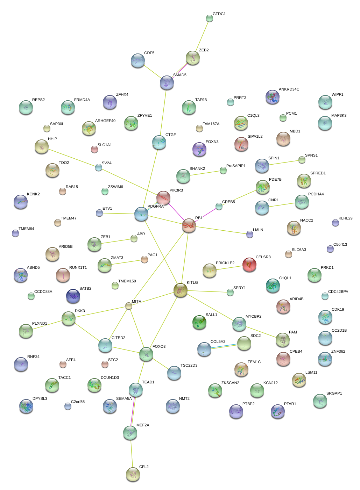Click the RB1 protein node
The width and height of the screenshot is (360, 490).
coord(189,226)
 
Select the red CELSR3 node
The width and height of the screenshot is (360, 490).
coord(249,265)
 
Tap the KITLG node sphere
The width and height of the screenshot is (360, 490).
coord(181,290)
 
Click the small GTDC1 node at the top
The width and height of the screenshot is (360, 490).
coord(210,18)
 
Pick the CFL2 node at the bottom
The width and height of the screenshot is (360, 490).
coord(133,474)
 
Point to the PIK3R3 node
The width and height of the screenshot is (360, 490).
coord(163,198)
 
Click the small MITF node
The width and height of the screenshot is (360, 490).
coord(129,306)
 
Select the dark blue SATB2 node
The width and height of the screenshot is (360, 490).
coord(73,296)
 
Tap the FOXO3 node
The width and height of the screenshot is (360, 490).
coord(146,354)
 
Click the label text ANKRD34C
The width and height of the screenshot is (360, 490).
coord(289,89)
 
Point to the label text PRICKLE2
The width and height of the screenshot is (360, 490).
coord(225,263)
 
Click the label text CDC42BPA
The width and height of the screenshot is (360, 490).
coord(338,292)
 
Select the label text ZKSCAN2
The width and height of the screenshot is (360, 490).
coord(230,383)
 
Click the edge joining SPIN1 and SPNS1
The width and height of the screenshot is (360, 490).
coord(282,163)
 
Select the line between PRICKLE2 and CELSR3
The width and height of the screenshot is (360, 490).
coord(230,268)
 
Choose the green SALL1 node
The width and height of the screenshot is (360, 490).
coord(199,322)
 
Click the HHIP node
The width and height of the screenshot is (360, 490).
coord(42,146)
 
